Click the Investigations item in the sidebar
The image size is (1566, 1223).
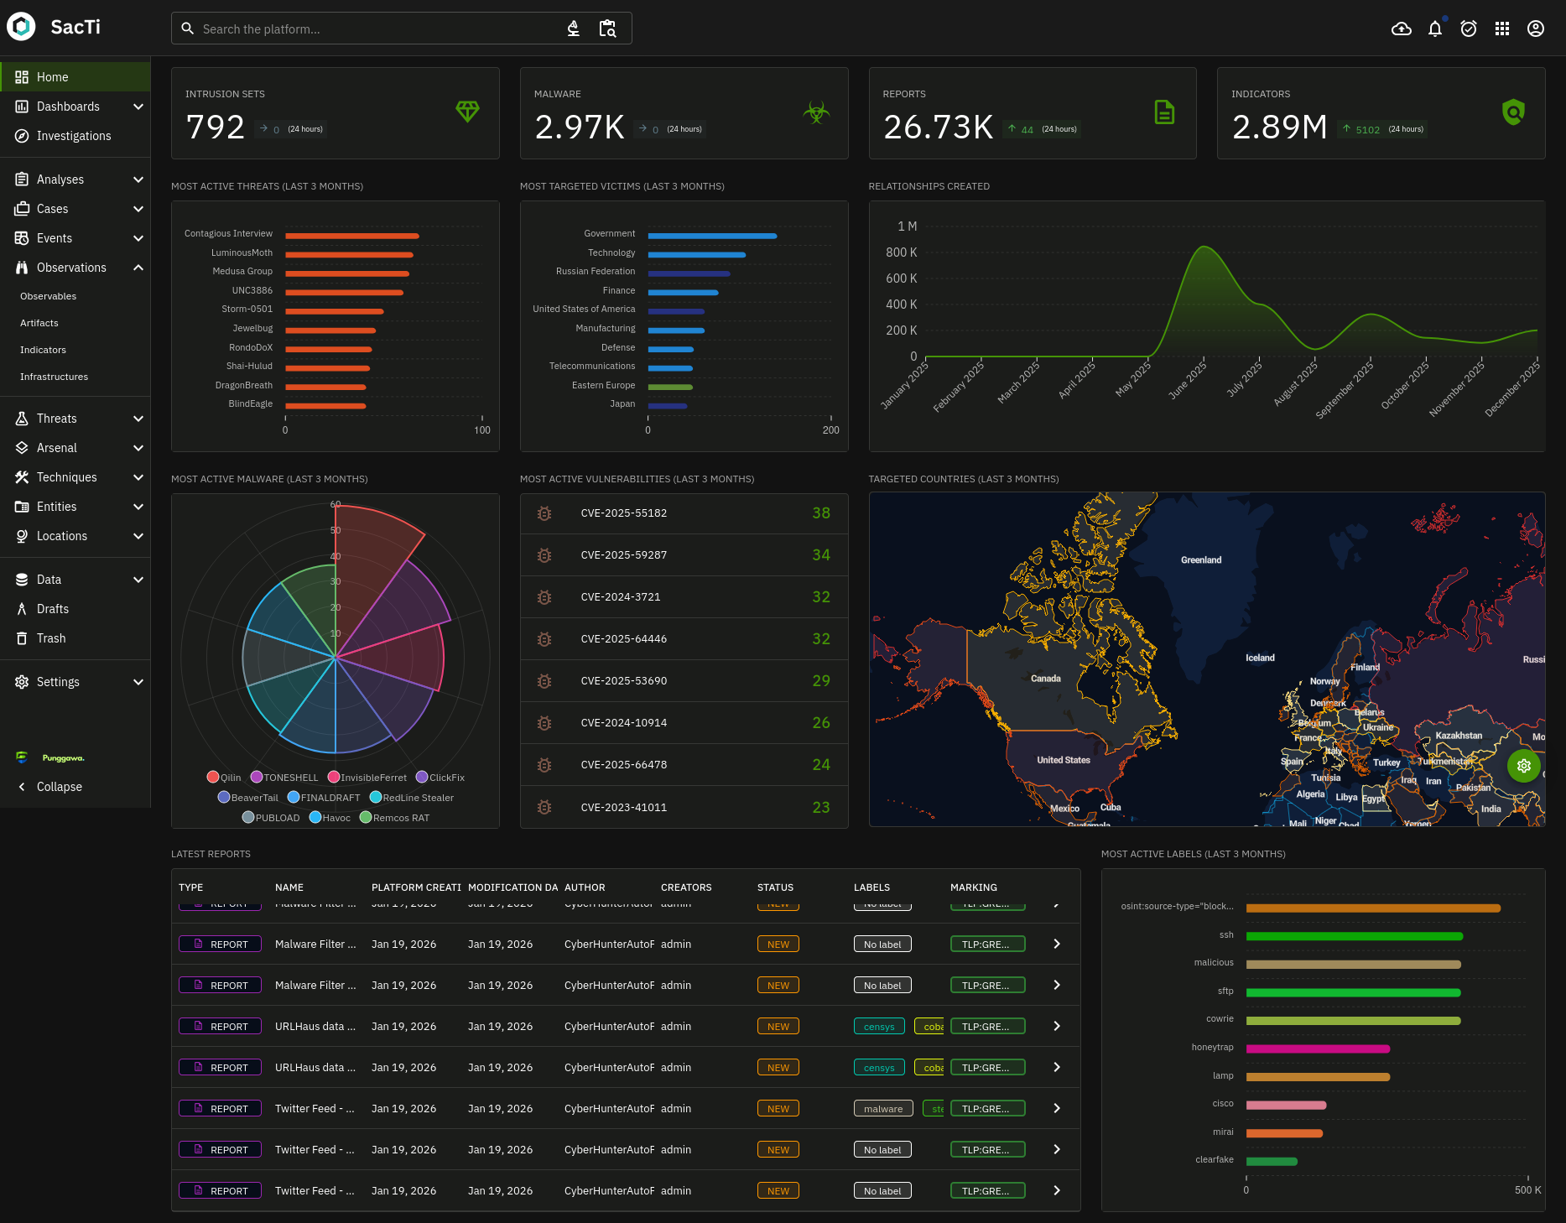[74, 136]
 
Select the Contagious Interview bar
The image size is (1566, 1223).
[351, 236]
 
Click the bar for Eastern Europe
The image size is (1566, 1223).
[669, 387]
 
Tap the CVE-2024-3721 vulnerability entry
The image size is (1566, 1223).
[621, 597]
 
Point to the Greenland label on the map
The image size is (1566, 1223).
[1200, 560]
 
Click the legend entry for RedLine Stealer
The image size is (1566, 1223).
[417, 798]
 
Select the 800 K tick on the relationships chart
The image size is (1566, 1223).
[901, 252]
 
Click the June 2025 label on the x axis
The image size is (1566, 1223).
[1188, 380]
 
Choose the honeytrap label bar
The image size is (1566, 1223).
[1317, 1049]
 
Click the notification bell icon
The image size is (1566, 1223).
[1434, 29]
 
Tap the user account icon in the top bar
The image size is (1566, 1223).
[1535, 29]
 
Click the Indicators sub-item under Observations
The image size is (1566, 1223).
[43, 350]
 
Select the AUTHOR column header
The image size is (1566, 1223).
[585, 887]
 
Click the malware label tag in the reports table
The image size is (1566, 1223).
[882, 1109]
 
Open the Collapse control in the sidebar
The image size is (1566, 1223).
[59, 787]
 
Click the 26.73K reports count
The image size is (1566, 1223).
[938, 128]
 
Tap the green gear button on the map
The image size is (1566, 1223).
[1523, 766]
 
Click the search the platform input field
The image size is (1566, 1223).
[377, 29]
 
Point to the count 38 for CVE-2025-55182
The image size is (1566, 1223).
[820, 513]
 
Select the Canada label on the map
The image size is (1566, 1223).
[1045, 679]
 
